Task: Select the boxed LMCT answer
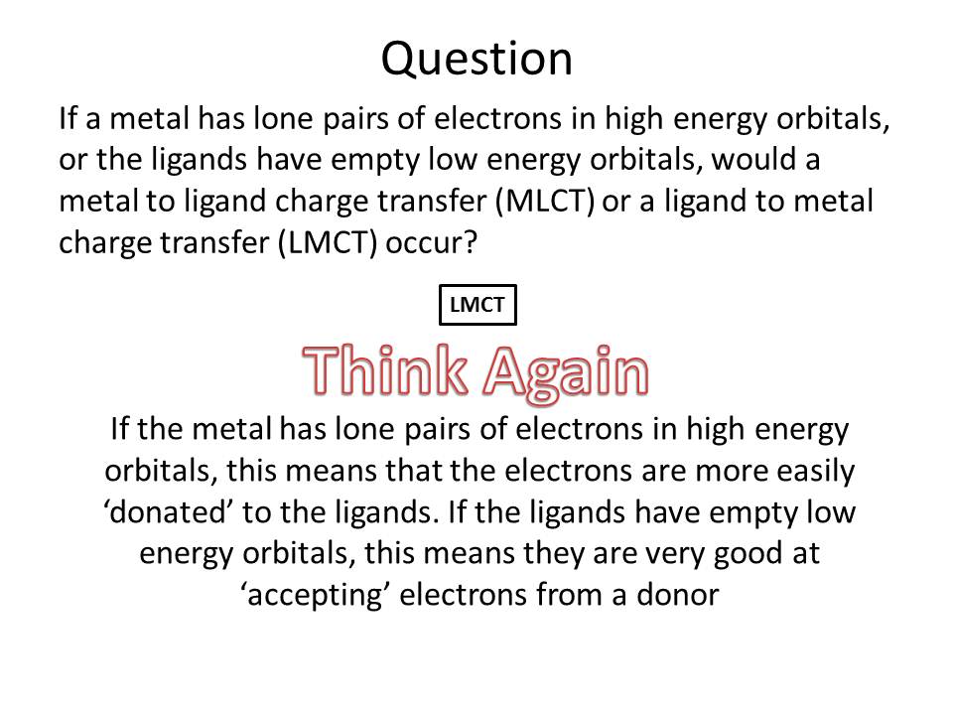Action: pos(477,305)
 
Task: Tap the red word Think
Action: pos(385,370)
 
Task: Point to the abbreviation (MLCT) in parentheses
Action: pos(545,202)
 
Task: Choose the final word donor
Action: pos(677,595)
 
